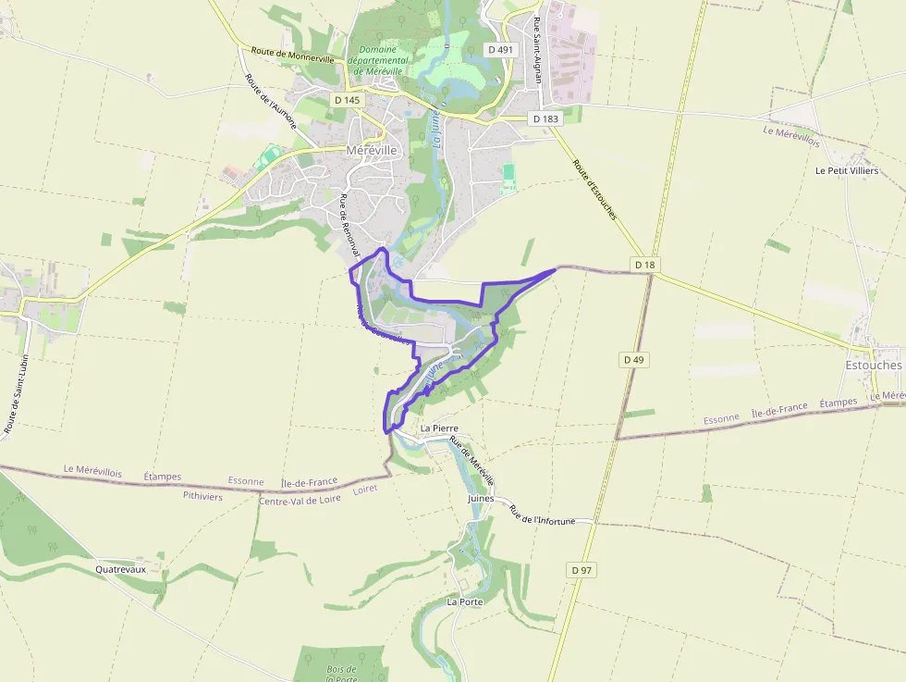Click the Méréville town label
point(372,149)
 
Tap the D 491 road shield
point(500,50)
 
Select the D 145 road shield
point(348,100)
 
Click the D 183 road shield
point(545,118)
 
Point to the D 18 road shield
point(645,265)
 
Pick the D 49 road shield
point(633,359)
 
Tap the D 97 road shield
point(582,570)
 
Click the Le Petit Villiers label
point(847,171)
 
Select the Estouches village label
point(873,366)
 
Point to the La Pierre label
point(439,429)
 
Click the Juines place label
point(482,498)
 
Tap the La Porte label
point(465,601)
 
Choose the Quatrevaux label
point(121,570)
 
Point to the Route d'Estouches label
point(594,190)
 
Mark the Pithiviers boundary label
point(202,496)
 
